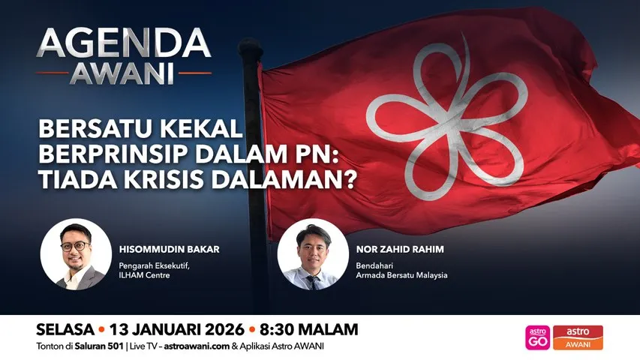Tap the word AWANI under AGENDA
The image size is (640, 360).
pyautogui.click(x=123, y=73)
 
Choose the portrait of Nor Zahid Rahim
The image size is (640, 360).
pyautogui.click(x=313, y=254)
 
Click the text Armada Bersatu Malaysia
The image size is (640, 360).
pyautogui.click(x=402, y=275)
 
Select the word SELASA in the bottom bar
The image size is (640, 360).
pyautogui.click(x=64, y=329)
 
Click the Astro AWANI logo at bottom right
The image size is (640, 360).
pyautogui.click(x=578, y=337)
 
